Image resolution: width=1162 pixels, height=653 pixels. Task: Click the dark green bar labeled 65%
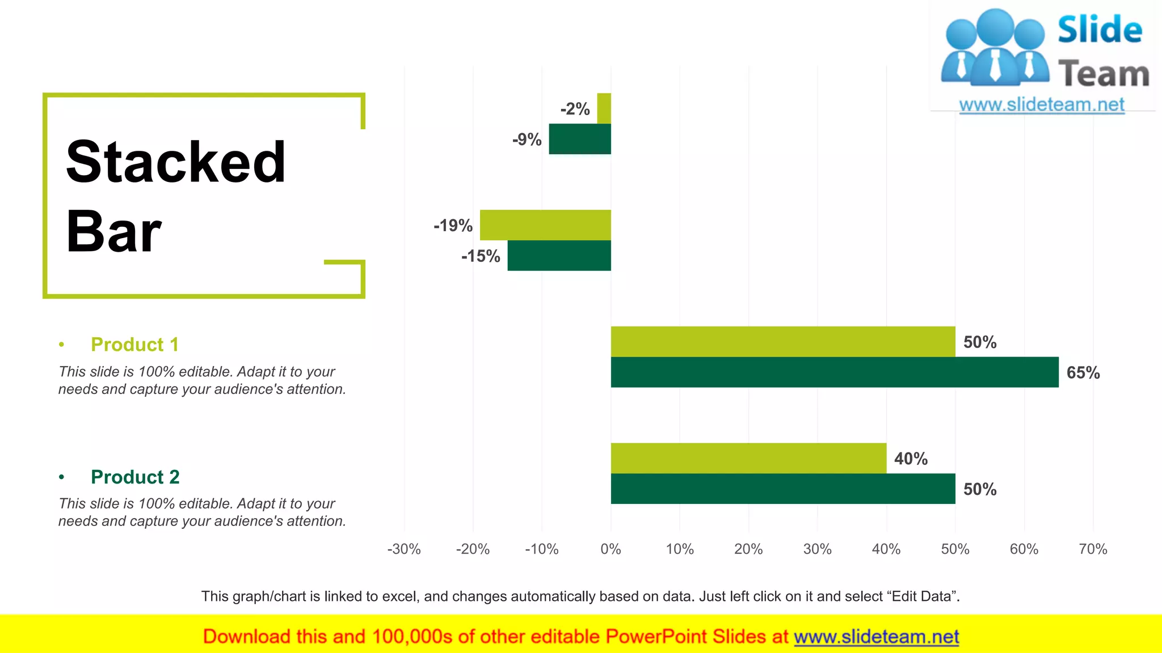pyautogui.click(x=834, y=372)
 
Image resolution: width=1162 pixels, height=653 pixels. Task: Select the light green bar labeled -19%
pyautogui.click(x=545, y=225)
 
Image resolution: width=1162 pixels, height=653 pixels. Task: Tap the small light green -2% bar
pyautogui.click(x=604, y=108)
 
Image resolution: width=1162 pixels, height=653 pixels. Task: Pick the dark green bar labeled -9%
pyautogui.click(x=580, y=139)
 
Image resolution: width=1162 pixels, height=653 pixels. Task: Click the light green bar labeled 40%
pyautogui.click(x=748, y=458)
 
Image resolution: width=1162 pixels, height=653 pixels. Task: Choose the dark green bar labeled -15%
pyautogui.click(x=559, y=256)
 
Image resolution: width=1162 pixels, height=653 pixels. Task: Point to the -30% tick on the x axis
pyautogui.click(x=404, y=549)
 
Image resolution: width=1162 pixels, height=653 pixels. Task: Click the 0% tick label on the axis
pyautogui.click(x=611, y=549)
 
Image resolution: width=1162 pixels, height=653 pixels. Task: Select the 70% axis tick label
pyautogui.click(x=1093, y=549)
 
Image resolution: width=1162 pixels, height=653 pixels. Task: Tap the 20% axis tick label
pyautogui.click(x=748, y=549)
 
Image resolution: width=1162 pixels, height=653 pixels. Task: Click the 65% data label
pyautogui.click(x=1083, y=373)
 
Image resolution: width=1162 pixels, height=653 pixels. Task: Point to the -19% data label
pyautogui.click(x=453, y=226)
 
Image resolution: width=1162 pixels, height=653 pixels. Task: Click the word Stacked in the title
pyautogui.click(x=176, y=162)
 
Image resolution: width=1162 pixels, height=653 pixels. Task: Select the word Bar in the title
pyautogui.click(x=113, y=232)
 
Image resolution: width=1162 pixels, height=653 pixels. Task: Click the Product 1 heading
pyautogui.click(x=134, y=345)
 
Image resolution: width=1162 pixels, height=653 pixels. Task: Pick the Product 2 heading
pyautogui.click(x=135, y=477)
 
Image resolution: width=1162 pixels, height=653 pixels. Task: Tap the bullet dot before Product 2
pyautogui.click(x=61, y=477)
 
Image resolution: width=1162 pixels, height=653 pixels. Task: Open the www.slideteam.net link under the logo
pyautogui.click(x=1042, y=105)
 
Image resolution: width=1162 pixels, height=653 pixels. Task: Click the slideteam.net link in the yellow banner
pyautogui.click(x=876, y=637)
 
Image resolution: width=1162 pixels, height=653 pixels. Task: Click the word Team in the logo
pyautogui.click(x=1104, y=74)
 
